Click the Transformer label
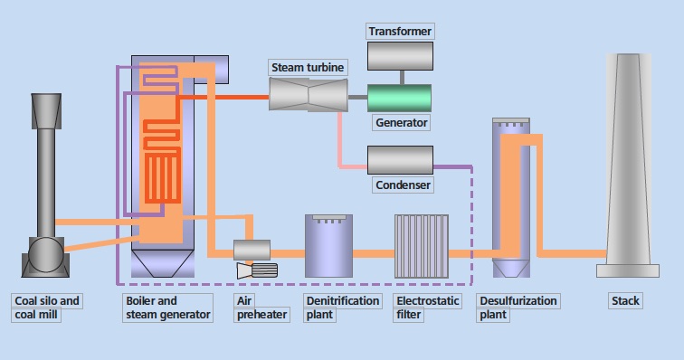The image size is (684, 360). click(x=400, y=32)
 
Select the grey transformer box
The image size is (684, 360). click(x=400, y=56)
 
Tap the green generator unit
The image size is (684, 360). click(x=399, y=97)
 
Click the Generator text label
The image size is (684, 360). click(x=400, y=122)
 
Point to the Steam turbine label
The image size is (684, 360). click(x=307, y=69)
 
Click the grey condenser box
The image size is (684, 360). click(x=399, y=160)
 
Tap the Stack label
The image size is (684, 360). click(x=625, y=301)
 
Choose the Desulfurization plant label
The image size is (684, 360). click(x=518, y=308)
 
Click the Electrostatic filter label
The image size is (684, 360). click(x=427, y=308)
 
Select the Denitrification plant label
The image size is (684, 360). click(x=342, y=308)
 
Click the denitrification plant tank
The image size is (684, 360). click(x=328, y=246)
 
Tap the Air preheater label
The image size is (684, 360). click(x=261, y=308)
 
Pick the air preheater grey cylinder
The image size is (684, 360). click(x=252, y=250)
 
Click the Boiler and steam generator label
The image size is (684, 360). click(x=166, y=308)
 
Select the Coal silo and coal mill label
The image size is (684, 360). click(x=47, y=308)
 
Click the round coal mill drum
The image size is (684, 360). click(x=43, y=255)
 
